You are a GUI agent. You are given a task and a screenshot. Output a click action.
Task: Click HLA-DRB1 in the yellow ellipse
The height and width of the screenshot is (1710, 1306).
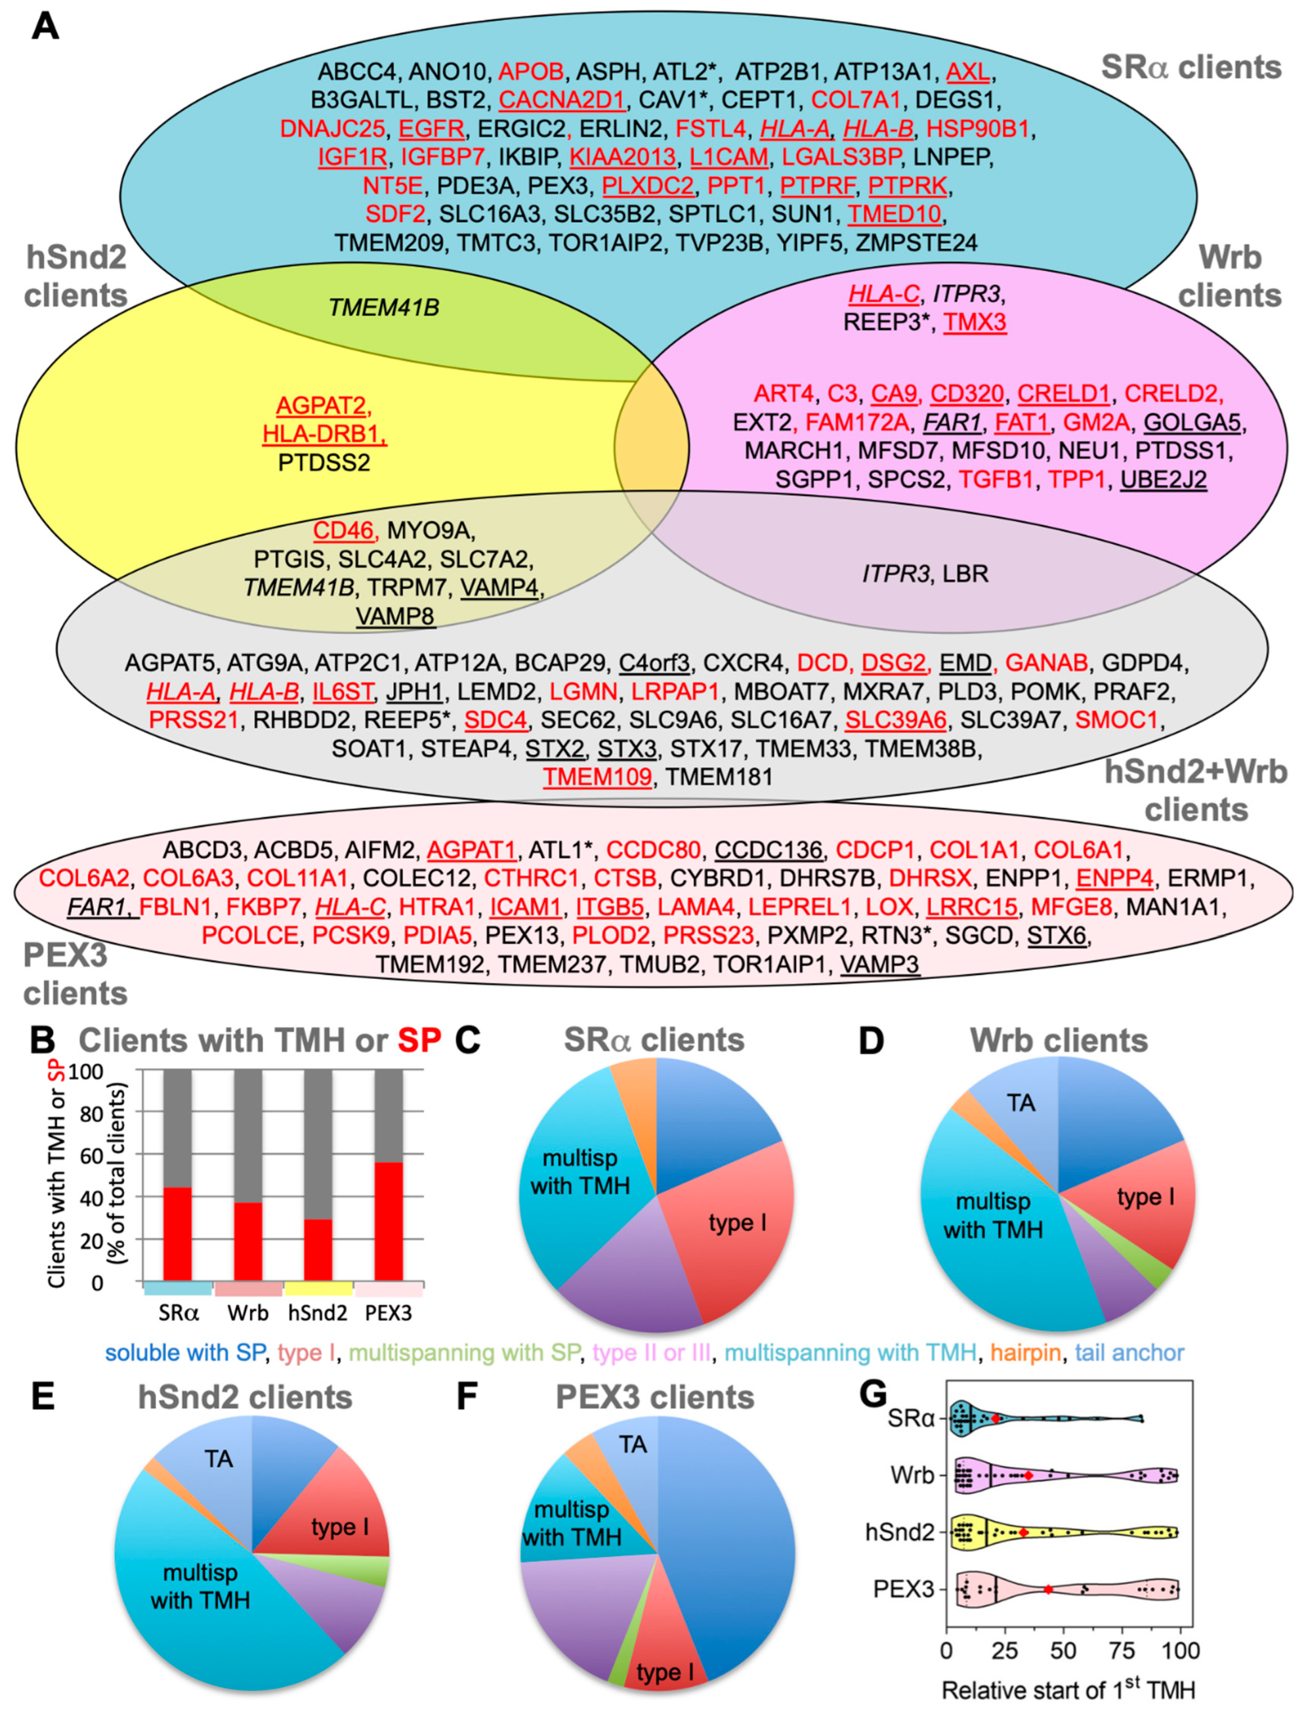[324, 434]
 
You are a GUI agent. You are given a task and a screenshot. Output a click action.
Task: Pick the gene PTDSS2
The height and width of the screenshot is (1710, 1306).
[324, 462]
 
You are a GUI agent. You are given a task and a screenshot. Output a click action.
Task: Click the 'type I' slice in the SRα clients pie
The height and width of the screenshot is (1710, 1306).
[737, 1223]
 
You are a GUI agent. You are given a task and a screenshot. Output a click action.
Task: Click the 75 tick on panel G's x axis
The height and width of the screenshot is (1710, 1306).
[1122, 1650]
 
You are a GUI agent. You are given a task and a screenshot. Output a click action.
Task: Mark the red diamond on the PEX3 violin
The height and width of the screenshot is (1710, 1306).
[1048, 1589]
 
